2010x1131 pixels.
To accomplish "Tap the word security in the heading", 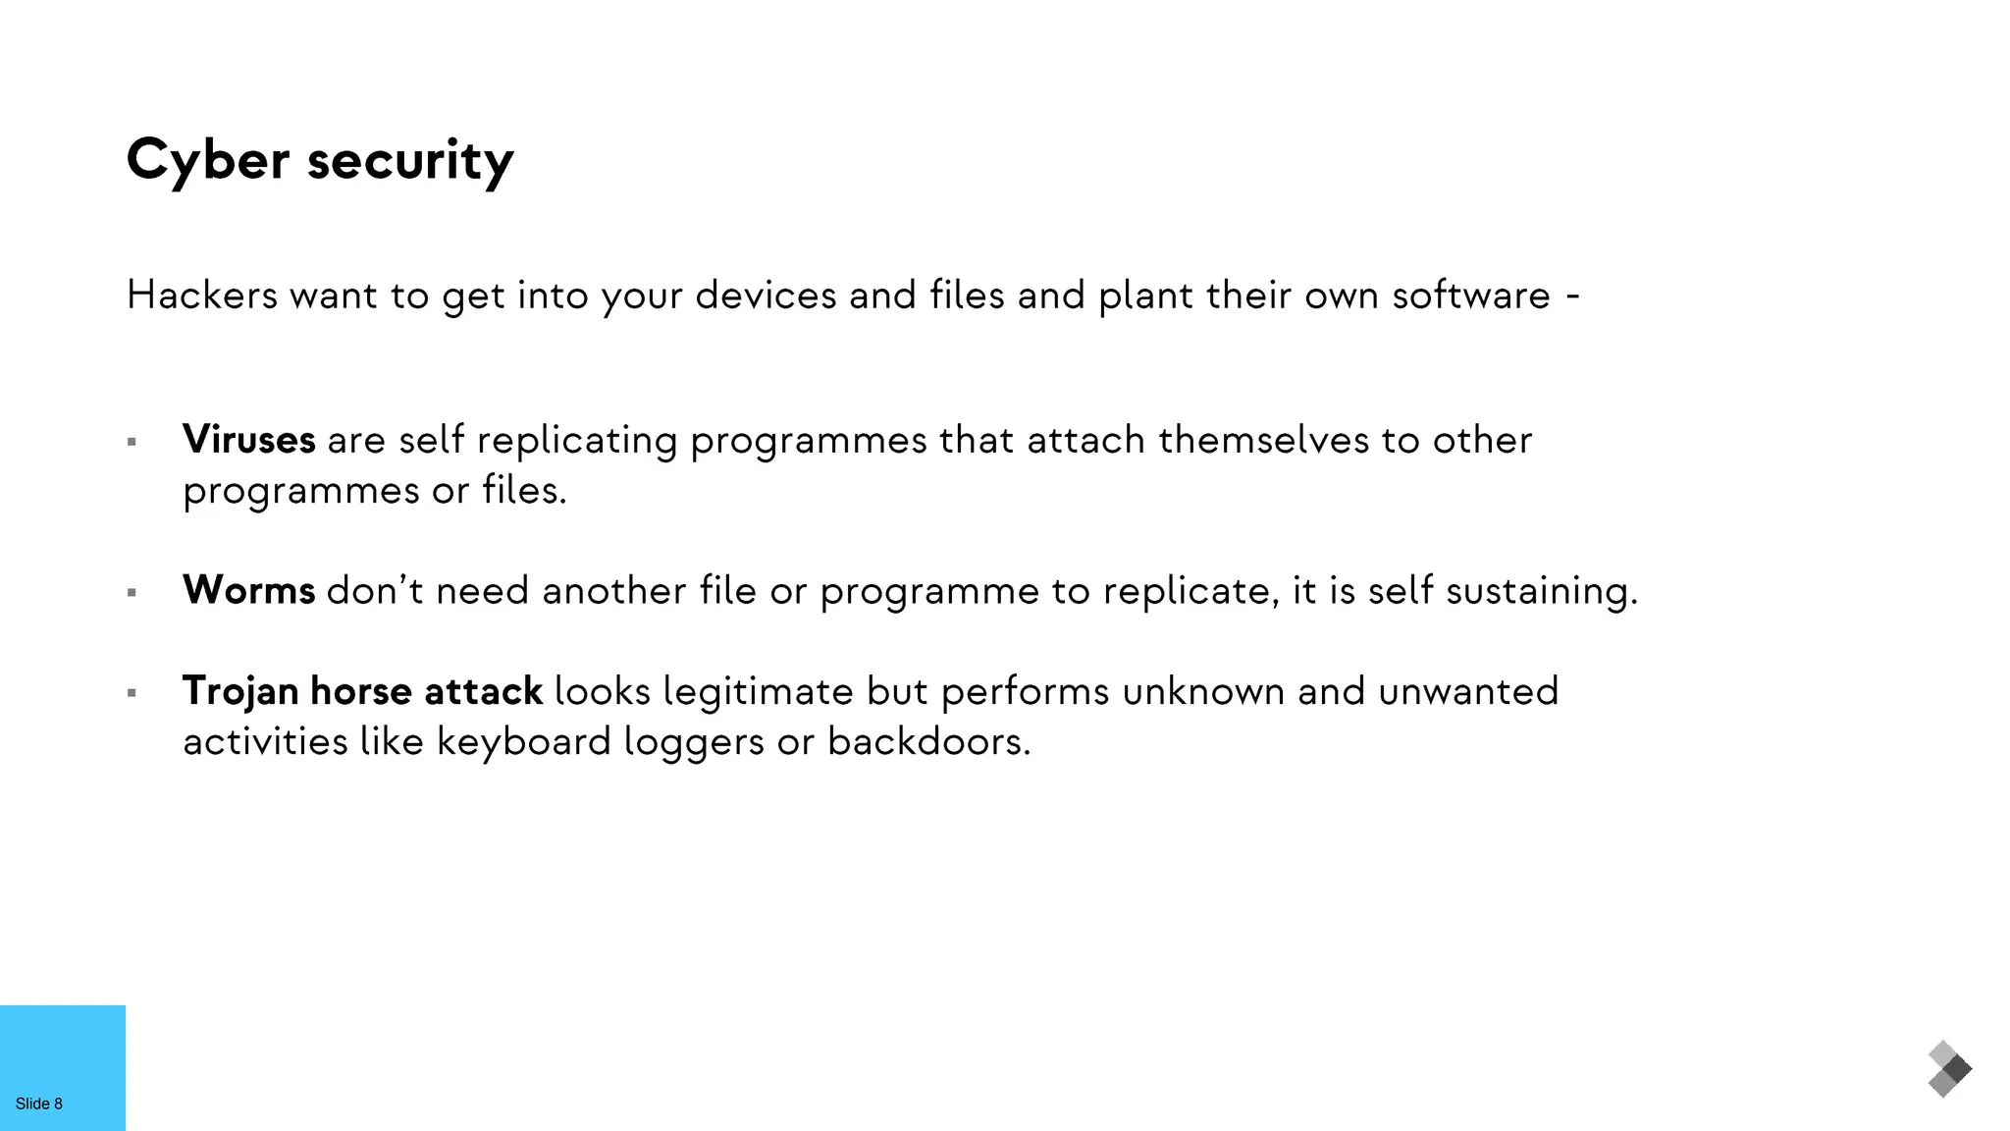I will coord(410,160).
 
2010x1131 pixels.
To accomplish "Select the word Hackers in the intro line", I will coord(202,295).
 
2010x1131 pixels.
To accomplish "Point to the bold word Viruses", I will coord(249,440).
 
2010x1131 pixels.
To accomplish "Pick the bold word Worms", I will coord(249,590).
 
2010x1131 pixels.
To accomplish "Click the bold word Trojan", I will coord(240,691).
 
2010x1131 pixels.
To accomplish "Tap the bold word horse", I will coord(361,691).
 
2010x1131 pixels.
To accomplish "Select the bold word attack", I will coord(483,691).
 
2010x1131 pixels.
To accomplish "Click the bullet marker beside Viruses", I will coord(132,443).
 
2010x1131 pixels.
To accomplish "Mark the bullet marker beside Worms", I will coord(132,593).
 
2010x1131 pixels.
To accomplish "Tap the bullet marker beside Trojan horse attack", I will coord(132,693).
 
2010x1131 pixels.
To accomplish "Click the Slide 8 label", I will coord(39,1104).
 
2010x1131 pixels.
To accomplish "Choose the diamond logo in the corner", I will coord(1949,1069).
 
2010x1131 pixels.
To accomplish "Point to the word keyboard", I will coord(524,741).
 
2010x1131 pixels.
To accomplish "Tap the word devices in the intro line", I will coord(766,295).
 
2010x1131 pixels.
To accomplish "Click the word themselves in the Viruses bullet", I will coord(1263,440).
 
